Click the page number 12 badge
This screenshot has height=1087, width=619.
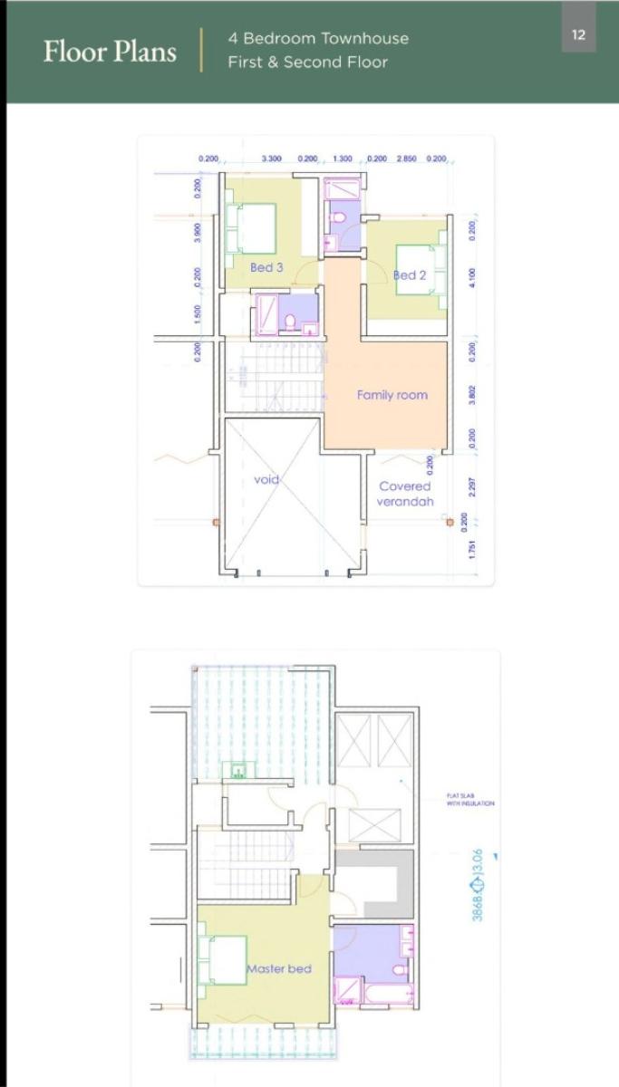(x=578, y=35)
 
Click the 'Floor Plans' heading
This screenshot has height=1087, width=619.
(x=110, y=51)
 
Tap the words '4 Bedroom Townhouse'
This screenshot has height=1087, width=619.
(x=318, y=38)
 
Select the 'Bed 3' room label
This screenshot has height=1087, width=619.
(x=266, y=267)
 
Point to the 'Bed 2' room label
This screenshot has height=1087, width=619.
(x=410, y=274)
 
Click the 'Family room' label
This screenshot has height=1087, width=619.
(x=392, y=395)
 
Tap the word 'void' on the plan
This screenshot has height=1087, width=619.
(x=266, y=479)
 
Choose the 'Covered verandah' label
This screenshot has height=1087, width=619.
(x=405, y=494)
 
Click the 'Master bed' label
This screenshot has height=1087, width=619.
(x=279, y=968)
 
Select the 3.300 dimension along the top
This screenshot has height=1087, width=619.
(x=271, y=159)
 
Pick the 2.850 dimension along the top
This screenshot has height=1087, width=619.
(x=406, y=159)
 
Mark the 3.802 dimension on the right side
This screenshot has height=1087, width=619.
(x=472, y=395)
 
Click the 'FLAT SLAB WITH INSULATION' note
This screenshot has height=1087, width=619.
(x=469, y=800)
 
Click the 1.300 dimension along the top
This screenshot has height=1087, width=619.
(x=343, y=159)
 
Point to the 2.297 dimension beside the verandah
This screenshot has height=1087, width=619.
(x=472, y=486)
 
